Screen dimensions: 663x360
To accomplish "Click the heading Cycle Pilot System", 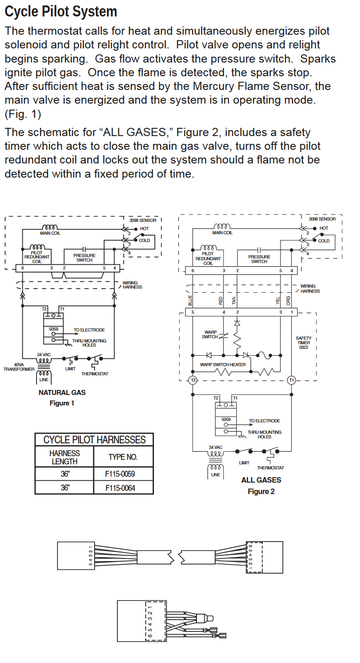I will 61,11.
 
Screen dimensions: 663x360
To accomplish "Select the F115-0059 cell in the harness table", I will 120,474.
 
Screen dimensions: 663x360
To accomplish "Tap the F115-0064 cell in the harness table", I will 120,488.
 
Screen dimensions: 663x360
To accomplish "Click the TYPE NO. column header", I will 122,457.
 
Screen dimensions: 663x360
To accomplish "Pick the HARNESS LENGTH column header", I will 64,457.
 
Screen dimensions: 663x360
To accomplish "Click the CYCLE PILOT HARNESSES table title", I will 94,440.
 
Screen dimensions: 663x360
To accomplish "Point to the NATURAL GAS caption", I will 62,392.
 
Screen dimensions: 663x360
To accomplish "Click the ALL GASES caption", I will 261,480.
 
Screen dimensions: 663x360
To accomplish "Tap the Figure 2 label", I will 261,491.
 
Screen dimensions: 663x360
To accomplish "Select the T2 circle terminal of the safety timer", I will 193,380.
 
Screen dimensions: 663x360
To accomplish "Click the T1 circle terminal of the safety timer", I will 291,380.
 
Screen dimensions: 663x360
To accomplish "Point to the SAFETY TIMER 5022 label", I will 303,342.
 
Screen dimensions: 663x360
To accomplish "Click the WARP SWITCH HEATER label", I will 222,364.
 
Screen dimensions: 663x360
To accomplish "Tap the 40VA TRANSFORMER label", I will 19,367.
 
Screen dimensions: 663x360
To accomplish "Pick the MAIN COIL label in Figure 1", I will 50,233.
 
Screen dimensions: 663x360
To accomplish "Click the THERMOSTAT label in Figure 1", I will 95,374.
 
